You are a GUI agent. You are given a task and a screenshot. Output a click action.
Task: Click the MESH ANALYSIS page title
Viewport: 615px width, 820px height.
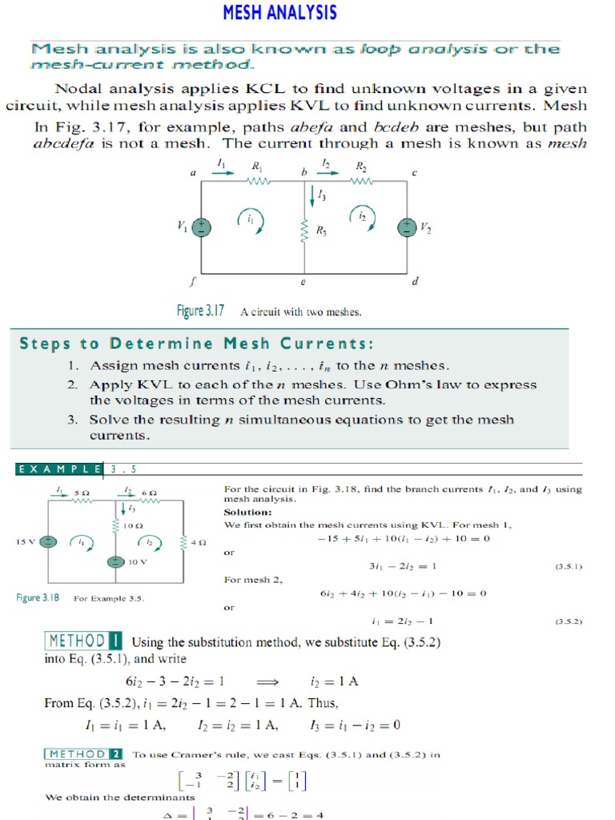click(x=279, y=13)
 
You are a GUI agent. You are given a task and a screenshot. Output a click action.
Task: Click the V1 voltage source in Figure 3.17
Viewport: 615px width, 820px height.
click(x=202, y=227)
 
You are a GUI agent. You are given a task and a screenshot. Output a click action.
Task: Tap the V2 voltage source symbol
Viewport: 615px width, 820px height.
click(x=408, y=227)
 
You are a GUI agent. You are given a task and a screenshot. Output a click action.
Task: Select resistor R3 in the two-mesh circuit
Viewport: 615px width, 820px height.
click(x=304, y=231)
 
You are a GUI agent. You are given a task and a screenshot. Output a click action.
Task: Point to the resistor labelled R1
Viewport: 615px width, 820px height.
click(x=259, y=181)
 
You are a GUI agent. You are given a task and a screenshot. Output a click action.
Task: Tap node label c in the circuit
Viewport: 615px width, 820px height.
click(x=415, y=172)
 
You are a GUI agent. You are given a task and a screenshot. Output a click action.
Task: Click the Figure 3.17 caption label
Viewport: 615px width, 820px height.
click(x=201, y=311)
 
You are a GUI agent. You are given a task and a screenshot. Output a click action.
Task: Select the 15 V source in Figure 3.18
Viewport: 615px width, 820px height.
click(x=49, y=542)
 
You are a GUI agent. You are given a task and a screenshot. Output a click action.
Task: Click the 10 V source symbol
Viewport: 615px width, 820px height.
click(x=116, y=561)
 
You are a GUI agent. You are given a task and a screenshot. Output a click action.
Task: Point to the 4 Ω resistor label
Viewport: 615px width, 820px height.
click(x=199, y=542)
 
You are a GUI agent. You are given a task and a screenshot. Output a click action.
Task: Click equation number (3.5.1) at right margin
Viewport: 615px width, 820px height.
click(x=568, y=566)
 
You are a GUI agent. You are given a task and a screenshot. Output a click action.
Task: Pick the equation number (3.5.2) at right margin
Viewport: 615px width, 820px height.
click(x=568, y=621)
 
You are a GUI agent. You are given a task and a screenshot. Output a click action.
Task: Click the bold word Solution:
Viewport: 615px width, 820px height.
click(x=247, y=512)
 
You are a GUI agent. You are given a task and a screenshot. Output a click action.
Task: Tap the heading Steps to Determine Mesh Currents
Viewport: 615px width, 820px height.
click(x=196, y=344)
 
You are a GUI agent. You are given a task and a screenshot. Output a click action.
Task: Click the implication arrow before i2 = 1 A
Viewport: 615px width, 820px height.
click(x=267, y=681)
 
